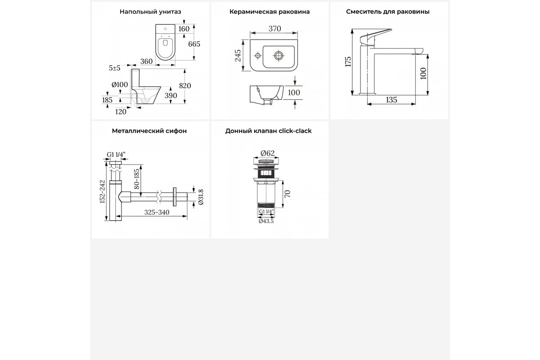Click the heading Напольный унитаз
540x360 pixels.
coord(150,12)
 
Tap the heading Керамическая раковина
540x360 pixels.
coord(270,12)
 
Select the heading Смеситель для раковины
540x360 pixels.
coord(387,12)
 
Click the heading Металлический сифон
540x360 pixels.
coord(149,131)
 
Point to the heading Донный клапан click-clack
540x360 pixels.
coord(268,131)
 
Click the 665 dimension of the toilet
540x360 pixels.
coord(194,44)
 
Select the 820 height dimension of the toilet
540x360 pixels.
coord(185,85)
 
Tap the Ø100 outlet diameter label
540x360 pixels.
coord(120,85)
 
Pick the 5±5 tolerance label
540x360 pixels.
coord(114,68)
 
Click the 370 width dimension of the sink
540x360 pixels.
coord(274,29)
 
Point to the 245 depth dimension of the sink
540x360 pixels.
coord(238,56)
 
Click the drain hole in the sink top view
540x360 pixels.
coord(279,55)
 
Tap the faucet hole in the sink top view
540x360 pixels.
coord(258,55)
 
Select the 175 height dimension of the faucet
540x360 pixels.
coord(348,62)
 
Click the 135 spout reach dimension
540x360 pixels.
coord(391,100)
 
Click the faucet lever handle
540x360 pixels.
coord(375,36)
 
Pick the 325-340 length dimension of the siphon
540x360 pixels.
coord(157,212)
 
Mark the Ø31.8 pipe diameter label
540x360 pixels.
coord(201,197)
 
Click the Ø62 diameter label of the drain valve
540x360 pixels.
coord(268,153)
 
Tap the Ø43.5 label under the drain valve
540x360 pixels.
coord(266,221)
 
